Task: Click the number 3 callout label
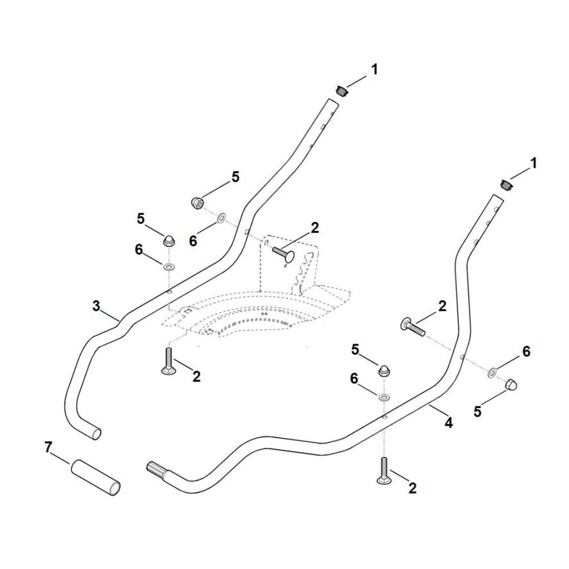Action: point(96,306)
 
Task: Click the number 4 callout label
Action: point(448,422)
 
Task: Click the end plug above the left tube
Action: point(341,90)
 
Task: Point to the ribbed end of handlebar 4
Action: point(159,471)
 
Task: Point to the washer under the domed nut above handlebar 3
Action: point(170,266)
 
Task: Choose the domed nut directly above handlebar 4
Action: point(385,370)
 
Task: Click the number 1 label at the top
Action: point(374,69)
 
